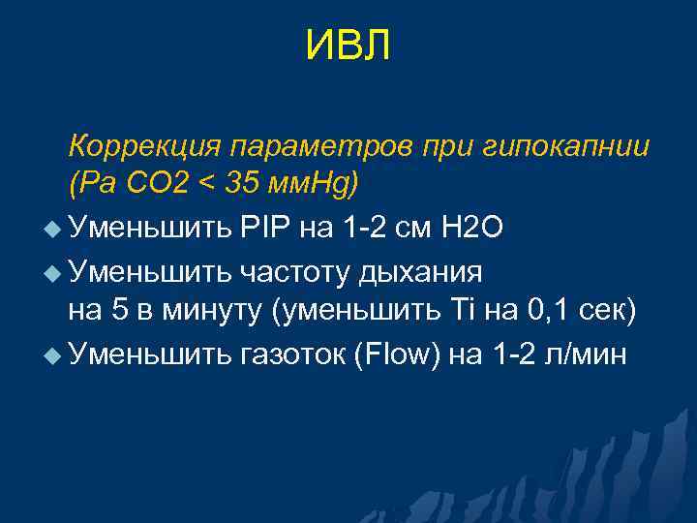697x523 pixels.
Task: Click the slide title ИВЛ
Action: pos(348,46)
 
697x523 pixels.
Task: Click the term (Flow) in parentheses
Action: pos(399,354)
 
